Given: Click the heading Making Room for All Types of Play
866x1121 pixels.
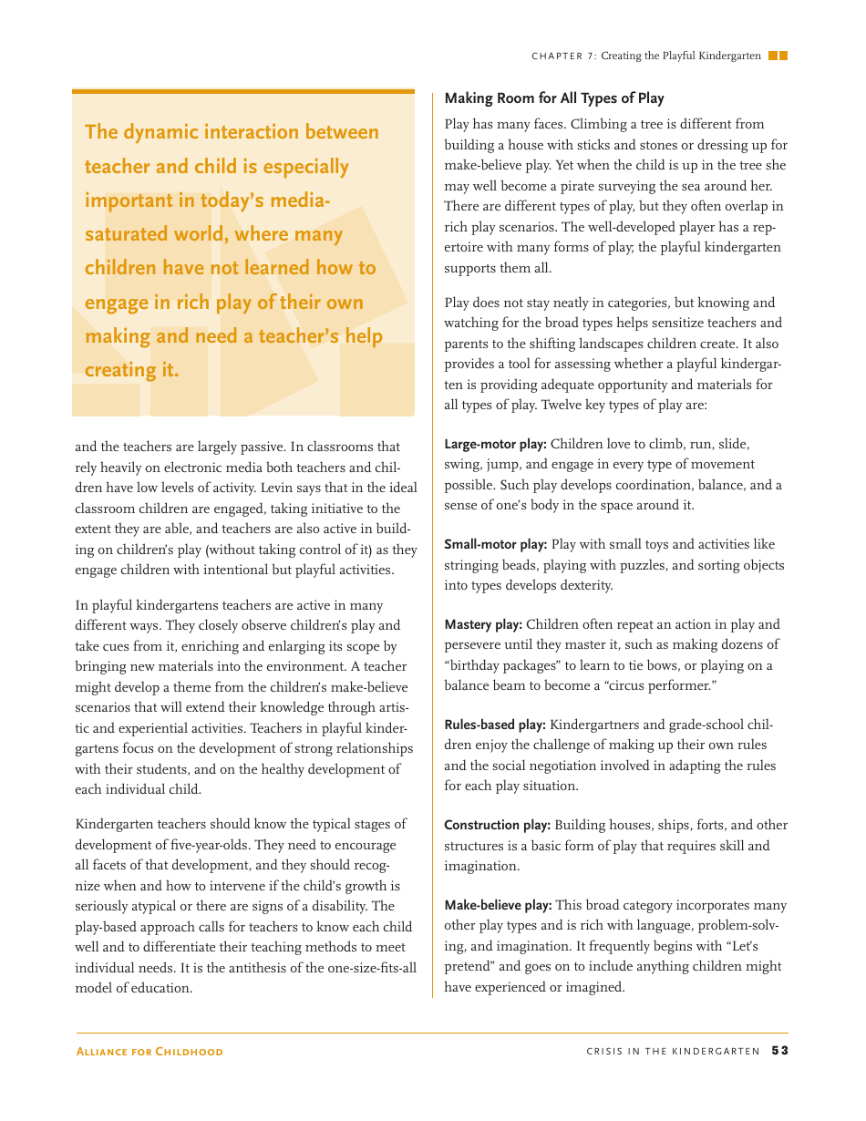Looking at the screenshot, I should pos(553,98).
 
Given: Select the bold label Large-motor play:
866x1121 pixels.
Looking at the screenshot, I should pos(495,445).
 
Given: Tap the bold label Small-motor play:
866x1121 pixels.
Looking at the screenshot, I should pos(495,545).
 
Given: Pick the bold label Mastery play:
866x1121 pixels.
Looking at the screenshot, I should pos(483,625).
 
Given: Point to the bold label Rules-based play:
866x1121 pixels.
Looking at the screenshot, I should pos(495,725).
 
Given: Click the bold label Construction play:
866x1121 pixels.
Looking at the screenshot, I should pos(497,826).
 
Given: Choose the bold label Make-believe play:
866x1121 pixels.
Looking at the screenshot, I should pos(498,906).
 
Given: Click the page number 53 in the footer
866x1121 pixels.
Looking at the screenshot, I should pos(779,1051).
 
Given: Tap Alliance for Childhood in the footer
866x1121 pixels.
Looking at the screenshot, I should pos(149,1052).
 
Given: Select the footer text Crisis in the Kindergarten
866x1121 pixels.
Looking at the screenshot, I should pos(673,1052).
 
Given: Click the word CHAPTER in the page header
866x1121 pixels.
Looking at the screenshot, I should pos(557,57).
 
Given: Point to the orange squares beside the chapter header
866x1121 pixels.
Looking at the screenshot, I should pos(778,56).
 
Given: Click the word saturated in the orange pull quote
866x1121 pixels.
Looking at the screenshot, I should pos(127,234).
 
